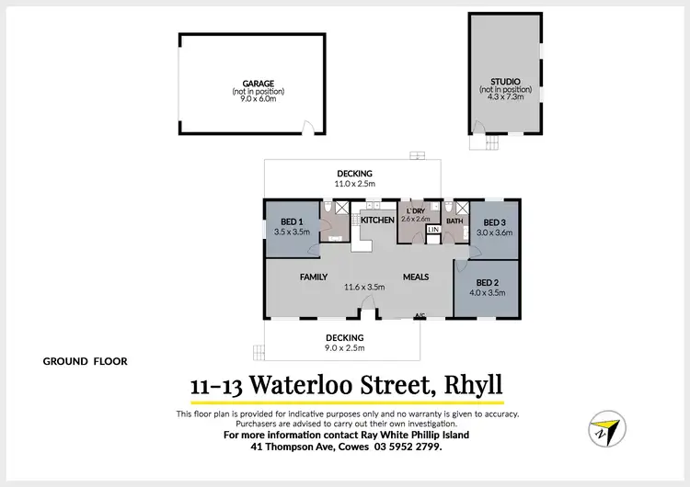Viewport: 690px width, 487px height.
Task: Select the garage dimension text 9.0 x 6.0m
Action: (x=258, y=99)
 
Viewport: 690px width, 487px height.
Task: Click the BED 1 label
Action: (x=291, y=221)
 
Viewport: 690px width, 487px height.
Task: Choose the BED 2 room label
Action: (x=488, y=283)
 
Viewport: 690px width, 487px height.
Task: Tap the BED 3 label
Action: (x=495, y=222)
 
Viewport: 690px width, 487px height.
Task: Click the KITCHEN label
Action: (x=377, y=221)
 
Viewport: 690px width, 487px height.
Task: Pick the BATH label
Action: (x=454, y=221)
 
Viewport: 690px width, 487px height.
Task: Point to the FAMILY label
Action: (x=314, y=277)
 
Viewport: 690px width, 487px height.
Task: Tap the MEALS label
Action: (x=417, y=277)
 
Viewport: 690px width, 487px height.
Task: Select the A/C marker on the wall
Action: (x=420, y=317)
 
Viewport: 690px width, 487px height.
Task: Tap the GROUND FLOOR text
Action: (x=85, y=361)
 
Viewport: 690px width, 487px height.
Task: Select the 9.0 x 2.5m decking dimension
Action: (x=344, y=348)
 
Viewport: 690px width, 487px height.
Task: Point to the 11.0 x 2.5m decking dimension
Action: (x=354, y=184)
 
